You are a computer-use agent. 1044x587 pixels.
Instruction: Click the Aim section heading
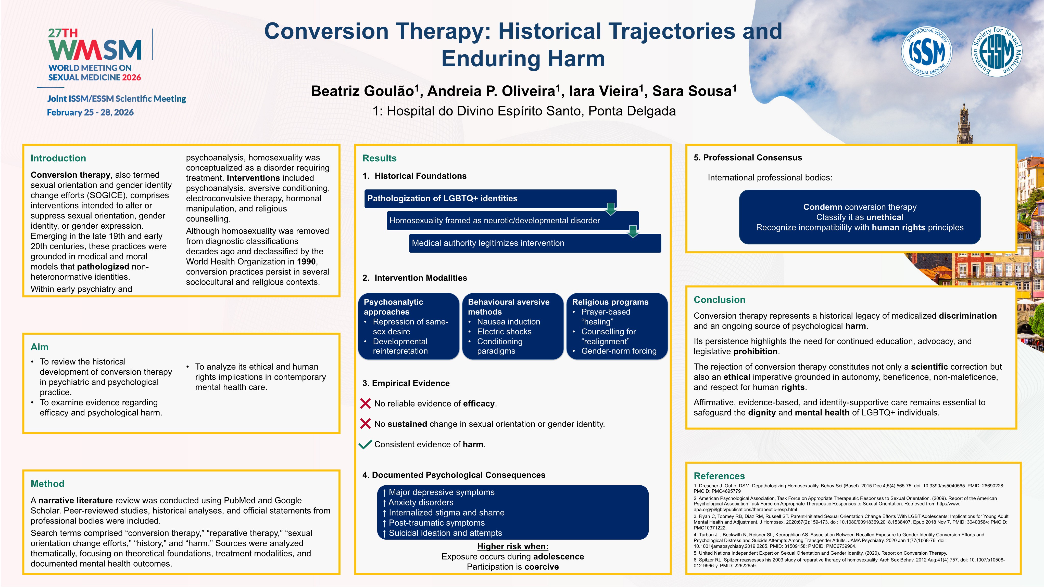(x=39, y=347)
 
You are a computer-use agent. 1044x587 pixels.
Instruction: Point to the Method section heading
(x=47, y=484)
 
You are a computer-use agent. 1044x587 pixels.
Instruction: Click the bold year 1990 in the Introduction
(x=306, y=262)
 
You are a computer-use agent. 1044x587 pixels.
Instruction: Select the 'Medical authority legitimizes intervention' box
(x=535, y=243)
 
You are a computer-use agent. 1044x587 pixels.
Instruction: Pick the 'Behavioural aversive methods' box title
(x=509, y=307)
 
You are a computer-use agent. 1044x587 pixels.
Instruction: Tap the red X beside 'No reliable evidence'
(x=365, y=403)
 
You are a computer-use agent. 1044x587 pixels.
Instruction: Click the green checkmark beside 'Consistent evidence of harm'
(x=365, y=445)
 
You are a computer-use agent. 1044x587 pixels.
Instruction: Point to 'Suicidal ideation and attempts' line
(x=445, y=533)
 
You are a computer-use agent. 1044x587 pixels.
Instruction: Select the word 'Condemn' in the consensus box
(x=823, y=207)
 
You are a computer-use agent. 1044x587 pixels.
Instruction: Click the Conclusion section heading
(x=719, y=300)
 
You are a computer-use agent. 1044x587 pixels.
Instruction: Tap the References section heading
(x=719, y=476)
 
